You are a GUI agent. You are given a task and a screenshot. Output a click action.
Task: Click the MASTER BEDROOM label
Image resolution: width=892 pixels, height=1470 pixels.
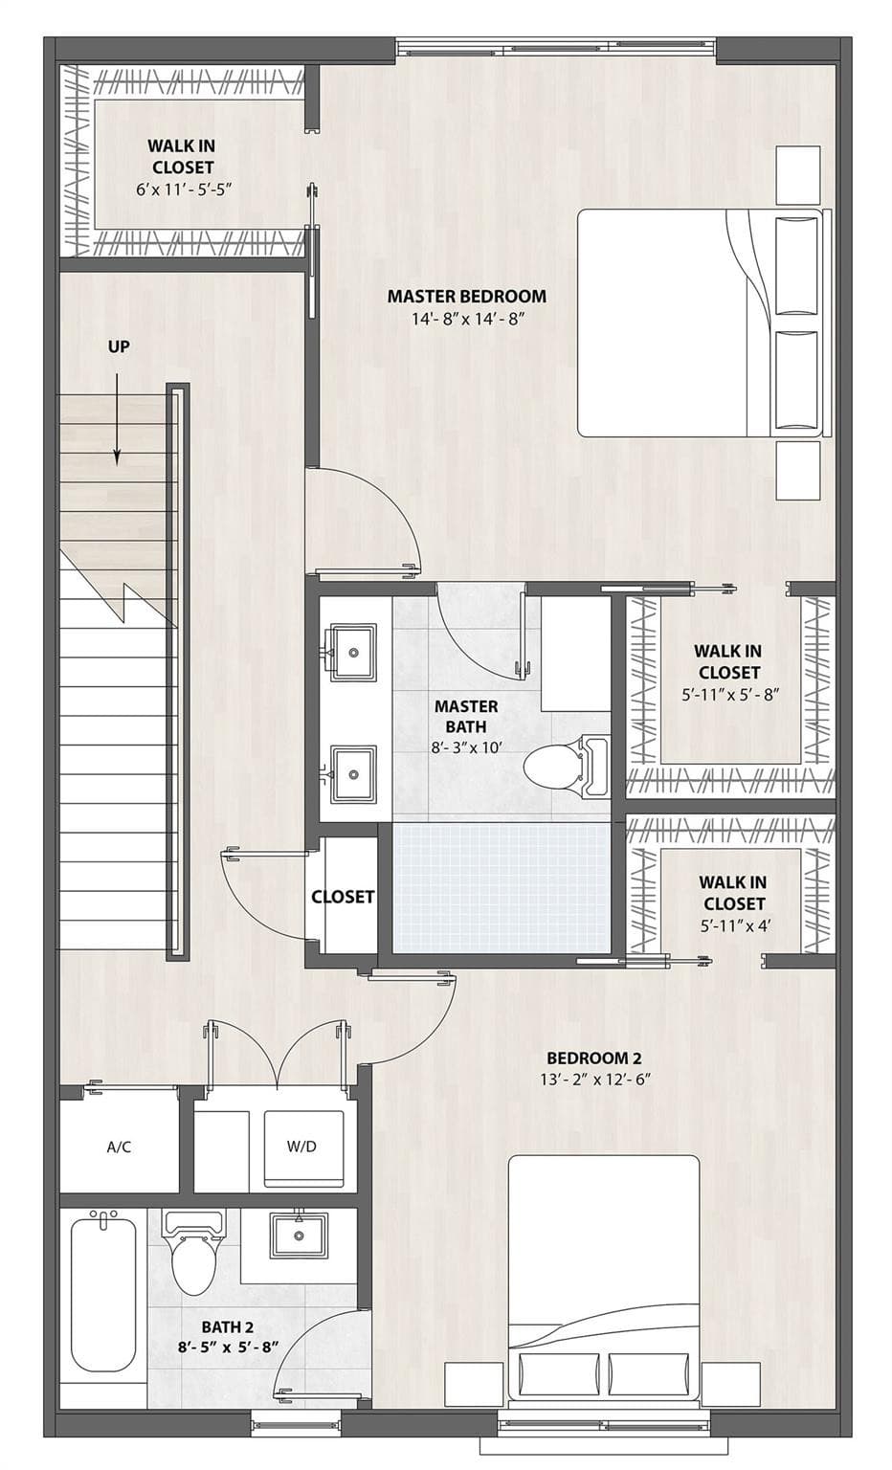pos(466,296)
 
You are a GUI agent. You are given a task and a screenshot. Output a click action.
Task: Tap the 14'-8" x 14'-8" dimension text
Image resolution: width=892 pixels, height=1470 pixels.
pos(469,320)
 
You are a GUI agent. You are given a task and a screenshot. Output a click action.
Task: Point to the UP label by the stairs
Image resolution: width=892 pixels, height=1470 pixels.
pos(119,346)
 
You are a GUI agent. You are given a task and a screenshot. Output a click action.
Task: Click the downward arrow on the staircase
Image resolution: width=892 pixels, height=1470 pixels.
pos(118,419)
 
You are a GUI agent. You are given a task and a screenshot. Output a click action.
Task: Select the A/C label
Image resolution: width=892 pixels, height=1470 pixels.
pos(119,1147)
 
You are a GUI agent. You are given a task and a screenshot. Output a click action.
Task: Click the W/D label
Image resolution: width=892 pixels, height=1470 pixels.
pos(301,1146)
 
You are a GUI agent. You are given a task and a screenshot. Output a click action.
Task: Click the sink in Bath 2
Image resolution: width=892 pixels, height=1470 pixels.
pos(299,1236)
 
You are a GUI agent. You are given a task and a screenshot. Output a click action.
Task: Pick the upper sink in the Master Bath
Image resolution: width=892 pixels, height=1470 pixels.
pos(352,653)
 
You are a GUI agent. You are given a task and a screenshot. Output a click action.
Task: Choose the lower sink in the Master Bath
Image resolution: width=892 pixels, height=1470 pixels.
pos(352,773)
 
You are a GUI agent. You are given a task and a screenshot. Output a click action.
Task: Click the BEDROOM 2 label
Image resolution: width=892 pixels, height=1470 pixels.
pos(593,1058)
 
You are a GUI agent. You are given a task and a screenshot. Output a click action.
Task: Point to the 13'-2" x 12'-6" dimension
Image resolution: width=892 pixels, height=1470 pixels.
pos(593,1080)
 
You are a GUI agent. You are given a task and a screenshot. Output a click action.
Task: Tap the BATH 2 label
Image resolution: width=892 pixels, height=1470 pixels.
pos(227,1327)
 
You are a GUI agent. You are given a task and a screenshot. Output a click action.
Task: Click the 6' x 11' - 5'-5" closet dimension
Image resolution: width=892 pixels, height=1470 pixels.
pos(185,189)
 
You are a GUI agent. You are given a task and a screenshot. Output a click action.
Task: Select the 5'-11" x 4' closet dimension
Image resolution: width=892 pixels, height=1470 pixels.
pos(734,926)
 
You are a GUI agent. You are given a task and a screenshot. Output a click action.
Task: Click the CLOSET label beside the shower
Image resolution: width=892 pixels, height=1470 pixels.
pos(343,897)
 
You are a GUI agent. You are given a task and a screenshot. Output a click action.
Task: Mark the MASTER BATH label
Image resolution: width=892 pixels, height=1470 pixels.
pos(466,717)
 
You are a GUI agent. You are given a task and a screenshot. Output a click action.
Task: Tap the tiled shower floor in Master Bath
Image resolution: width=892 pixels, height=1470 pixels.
pos(502,888)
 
